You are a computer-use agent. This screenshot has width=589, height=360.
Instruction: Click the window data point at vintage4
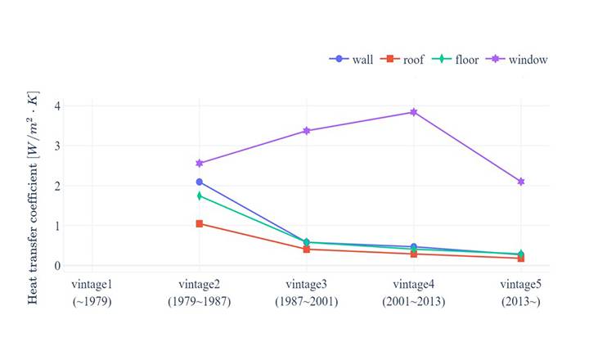pos(414,112)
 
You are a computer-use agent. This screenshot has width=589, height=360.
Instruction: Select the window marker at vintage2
pos(200,164)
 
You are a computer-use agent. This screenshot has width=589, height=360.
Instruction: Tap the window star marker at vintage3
pos(307,131)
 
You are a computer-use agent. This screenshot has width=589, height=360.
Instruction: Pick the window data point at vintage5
pos(520,182)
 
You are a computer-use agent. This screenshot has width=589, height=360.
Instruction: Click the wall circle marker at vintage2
pos(200,182)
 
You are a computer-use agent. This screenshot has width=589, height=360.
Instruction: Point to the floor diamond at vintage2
pos(200,196)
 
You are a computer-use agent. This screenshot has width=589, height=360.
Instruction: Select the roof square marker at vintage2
pos(200,223)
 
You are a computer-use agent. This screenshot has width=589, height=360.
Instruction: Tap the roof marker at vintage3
pos(307,249)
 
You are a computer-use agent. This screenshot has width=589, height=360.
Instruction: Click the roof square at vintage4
pos(414,254)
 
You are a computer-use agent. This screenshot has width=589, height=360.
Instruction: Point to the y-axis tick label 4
pos(57,106)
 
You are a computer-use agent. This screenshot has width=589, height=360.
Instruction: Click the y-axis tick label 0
pos(57,266)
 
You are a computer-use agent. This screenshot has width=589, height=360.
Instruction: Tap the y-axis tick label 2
pos(57,186)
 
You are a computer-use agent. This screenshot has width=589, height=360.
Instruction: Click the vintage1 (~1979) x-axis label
pos(92,291)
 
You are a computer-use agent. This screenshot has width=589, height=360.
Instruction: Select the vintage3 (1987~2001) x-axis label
pos(307,291)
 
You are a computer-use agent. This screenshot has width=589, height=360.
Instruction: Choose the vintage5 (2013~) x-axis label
pos(520,291)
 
